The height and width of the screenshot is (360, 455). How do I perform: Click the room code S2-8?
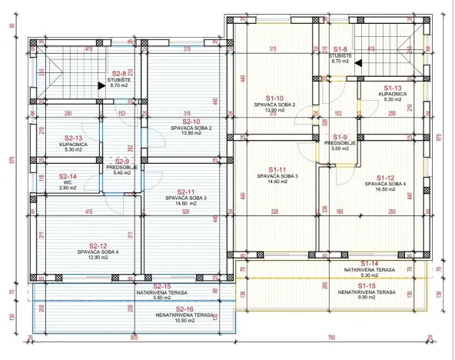coord(118,74)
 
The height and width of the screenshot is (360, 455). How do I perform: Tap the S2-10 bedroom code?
coord(191,121)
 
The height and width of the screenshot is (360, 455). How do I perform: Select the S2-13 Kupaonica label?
coord(75,138)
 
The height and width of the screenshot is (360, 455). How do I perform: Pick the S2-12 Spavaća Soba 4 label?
coord(97,245)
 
